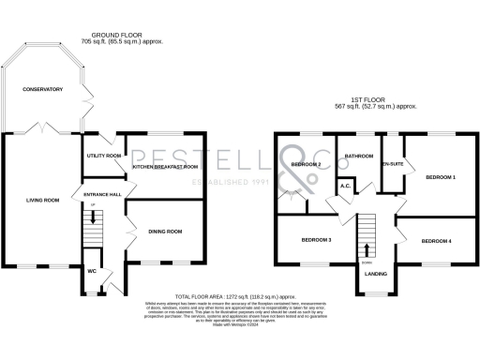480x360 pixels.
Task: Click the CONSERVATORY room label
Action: click(x=43, y=90)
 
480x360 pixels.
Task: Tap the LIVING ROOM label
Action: click(x=42, y=200)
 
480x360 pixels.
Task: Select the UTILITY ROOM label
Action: click(x=103, y=156)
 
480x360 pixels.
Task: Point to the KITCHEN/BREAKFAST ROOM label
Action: click(x=165, y=167)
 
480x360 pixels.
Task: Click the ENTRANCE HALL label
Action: click(x=102, y=194)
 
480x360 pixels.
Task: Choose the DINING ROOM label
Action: click(x=165, y=231)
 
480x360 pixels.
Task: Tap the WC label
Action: click(x=92, y=271)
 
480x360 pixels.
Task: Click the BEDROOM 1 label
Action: click(x=441, y=176)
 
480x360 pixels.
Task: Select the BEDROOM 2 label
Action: click(x=306, y=166)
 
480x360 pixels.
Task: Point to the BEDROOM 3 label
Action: click(x=317, y=240)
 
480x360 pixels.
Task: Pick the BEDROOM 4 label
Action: click(x=436, y=242)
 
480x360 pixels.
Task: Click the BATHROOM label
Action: click(x=359, y=156)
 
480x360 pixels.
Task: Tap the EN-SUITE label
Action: click(x=392, y=165)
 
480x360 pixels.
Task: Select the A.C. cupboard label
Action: click(x=345, y=185)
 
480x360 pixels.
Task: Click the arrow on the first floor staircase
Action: click(x=367, y=249)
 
